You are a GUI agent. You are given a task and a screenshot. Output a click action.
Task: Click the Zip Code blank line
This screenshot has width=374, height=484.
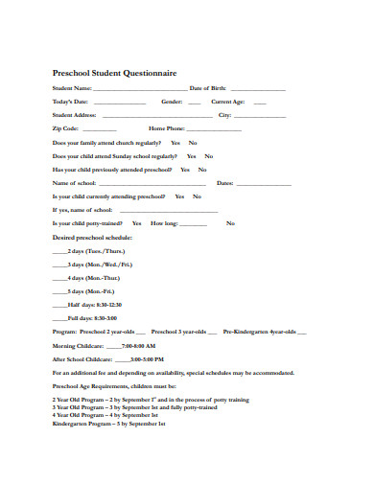point(100,128)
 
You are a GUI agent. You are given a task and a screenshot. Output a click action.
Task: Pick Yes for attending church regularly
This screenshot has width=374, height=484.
point(175,142)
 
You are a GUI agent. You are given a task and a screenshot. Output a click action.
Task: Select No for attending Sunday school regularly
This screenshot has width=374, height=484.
point(208,155)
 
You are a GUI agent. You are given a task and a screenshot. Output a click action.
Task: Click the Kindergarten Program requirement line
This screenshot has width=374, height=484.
point(109,423)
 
